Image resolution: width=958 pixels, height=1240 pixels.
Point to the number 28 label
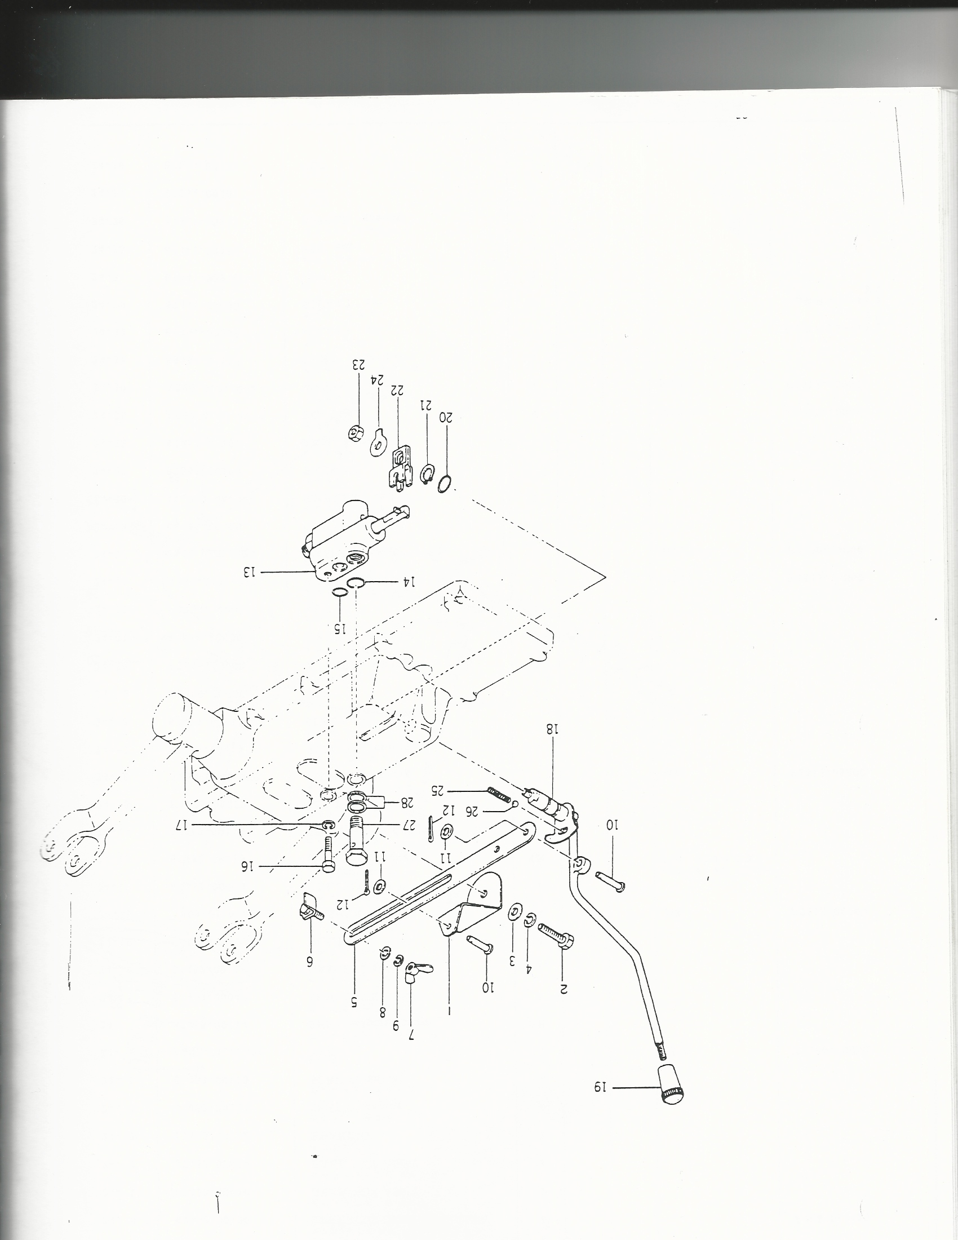tap(407, 802)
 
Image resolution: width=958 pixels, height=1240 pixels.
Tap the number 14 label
tap(410, 582)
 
